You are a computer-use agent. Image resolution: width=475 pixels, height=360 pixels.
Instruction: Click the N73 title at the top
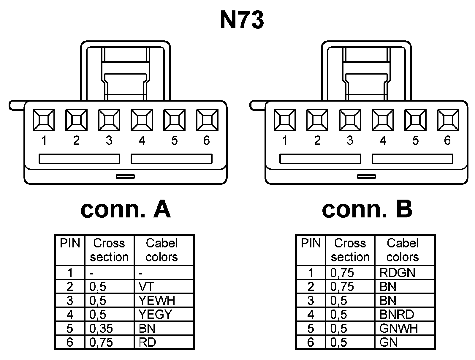pos(242,20)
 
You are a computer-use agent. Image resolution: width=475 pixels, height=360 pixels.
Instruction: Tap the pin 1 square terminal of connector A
pos(44,120)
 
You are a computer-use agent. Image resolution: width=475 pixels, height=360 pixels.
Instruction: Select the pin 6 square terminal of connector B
pos(448,120)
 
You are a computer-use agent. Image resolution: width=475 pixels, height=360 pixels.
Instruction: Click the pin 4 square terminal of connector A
pos(142,120)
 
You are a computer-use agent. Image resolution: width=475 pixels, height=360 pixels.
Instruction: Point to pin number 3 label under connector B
pos(350,140)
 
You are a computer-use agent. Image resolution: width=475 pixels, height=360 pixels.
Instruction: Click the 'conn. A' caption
pos(126,209)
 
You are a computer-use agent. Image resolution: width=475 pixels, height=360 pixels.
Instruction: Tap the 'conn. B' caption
pos(367,209)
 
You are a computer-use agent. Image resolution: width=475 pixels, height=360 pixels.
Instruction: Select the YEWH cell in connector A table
pos(157,301)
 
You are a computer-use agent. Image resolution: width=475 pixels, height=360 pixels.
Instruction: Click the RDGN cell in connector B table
pos(397,273)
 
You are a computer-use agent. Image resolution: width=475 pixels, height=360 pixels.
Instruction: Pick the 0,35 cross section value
pos(101,329)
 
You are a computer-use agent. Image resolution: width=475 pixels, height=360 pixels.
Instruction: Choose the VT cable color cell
pos(146,287)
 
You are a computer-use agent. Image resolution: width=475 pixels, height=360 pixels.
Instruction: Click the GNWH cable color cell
pos(398,329)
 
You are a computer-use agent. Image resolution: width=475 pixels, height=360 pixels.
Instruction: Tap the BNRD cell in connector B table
pos(397,315)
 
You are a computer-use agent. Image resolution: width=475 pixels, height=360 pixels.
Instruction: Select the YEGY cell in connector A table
pos(155,315)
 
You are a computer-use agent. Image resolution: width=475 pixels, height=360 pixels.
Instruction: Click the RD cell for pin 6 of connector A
pos(147,342)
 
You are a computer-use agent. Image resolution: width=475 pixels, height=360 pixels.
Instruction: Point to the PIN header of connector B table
pos(311,244)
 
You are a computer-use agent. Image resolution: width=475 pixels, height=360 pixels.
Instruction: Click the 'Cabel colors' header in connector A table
pos(162,250)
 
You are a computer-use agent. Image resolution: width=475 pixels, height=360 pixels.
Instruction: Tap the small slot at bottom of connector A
pos(125,177)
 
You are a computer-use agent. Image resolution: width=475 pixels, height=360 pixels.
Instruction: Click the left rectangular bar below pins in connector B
pos(320,159)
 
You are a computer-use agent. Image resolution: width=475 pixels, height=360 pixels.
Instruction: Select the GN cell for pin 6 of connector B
pos(389,342)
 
